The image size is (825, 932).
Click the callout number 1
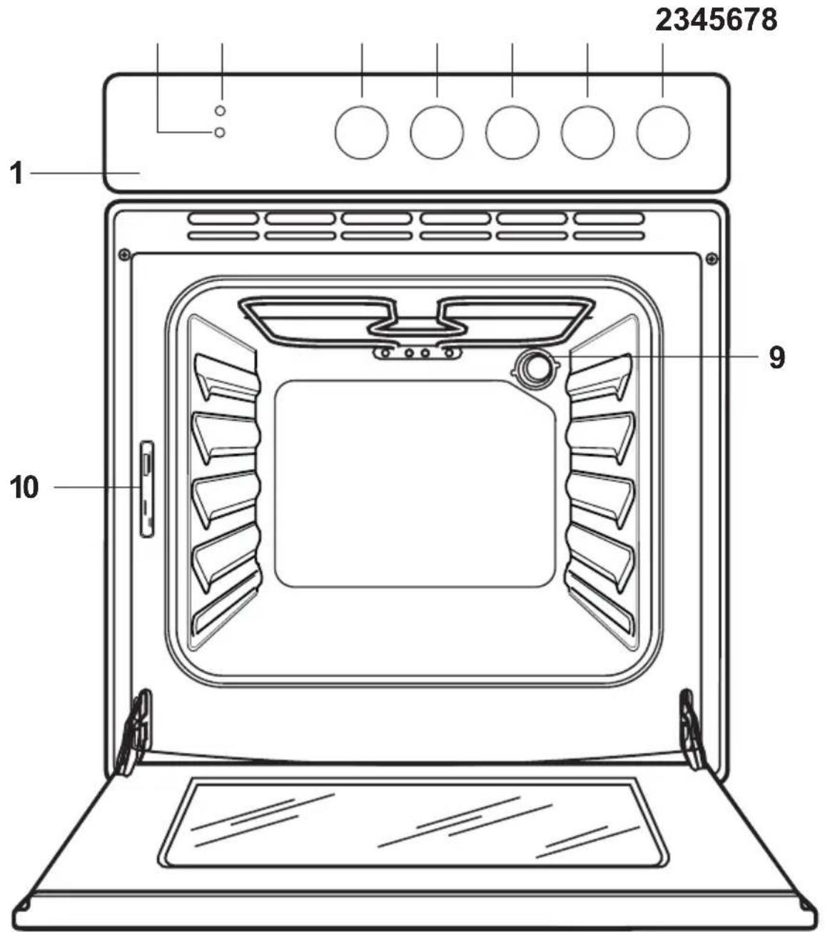pos(16,173)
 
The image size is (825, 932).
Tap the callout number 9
pos(776,357)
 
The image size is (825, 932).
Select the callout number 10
pos(24,488)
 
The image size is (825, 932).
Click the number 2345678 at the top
pos(717,20)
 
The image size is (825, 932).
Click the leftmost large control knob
pos(361,133)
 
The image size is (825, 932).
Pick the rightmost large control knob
pos(663,133)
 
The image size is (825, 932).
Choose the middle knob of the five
pos(512,133)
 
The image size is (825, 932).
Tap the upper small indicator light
pos(221,111)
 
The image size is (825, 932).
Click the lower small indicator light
pos(220,133)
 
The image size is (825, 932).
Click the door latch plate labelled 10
pos(147,488)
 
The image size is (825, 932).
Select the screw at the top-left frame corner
pos(124,255)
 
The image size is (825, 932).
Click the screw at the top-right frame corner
pos(712,259)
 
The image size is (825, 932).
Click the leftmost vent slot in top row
pos(223,218)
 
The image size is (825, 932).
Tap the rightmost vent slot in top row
pos(609,218)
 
